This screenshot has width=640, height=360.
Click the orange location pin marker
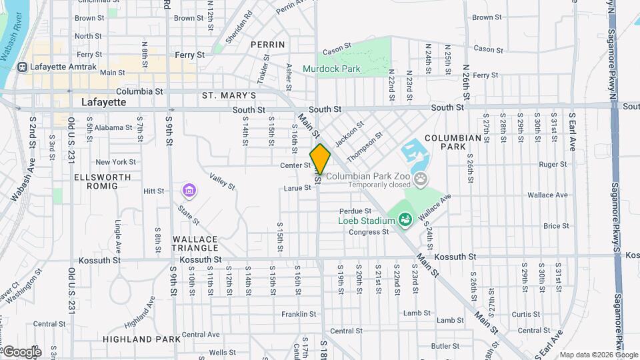[x=321, y=159]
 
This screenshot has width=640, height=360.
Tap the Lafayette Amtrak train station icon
[x=23, y=67]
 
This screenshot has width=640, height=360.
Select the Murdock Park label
[x=331, y=69]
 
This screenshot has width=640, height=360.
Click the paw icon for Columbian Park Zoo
[x=421, y=179]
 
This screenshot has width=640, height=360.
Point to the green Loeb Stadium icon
[x=404, y=220]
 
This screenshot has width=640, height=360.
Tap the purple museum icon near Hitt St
[x=189, y=191]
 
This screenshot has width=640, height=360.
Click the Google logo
[x=21, y=351]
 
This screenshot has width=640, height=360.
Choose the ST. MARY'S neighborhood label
[x=229, y=96]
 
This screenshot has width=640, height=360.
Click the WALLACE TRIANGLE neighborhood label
[x=195, y=244]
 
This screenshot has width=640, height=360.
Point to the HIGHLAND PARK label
[x=142, y=339]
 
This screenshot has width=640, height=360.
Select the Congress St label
[x=369, y=232]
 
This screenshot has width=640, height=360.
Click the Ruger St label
[x=553, y=164]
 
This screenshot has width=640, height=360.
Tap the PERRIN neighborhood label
[x=268, y=45]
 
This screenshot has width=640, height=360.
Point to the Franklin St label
[x=298, y=314]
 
